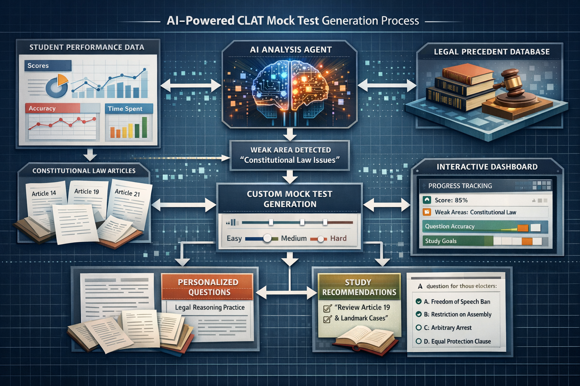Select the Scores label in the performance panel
point(38,66)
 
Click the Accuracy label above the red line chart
point(42,109)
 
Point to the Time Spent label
point(125,109)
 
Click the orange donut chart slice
point(62,80)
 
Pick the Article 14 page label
point(44,193)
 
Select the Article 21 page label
point(127,193)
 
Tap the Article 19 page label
point(86,191)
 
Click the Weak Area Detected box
point(290,155)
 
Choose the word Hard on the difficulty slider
point(338,238)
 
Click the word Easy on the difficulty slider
point(234,238)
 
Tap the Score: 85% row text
point(451,200)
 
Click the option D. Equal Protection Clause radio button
point(418,342)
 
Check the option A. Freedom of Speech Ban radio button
point(418,302)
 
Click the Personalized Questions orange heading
point(208,287)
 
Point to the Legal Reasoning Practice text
point(210,308)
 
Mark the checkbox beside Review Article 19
point(327,308)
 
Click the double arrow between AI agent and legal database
point(387,85)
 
